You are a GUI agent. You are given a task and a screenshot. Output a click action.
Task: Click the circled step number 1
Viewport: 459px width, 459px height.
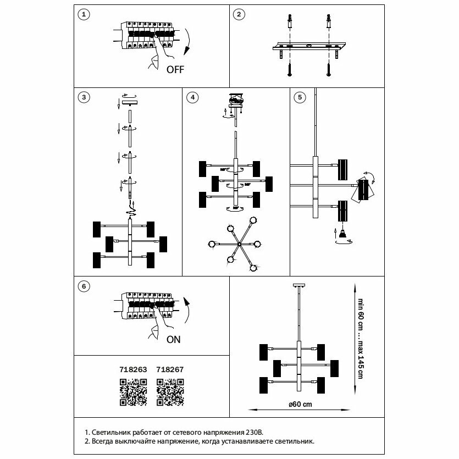pos(83,15)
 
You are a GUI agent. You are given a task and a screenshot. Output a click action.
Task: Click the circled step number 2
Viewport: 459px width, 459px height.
pos(238,15)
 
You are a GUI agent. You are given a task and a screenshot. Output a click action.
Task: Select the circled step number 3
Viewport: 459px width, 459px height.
pos(83,98)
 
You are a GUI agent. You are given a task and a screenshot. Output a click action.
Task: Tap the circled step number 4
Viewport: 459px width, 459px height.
pos(192,98)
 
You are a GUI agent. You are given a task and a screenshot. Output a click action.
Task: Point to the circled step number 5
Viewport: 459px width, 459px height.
pos(300,98)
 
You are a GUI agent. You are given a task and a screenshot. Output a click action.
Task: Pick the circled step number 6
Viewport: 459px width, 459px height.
pos(83,286)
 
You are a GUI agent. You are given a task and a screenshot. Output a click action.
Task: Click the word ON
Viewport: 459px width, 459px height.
pos(173,339)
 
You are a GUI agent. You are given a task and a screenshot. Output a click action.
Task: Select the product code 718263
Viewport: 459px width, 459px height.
pos(133,370)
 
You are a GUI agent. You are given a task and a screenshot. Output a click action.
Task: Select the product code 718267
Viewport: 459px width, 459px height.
pos(170,370)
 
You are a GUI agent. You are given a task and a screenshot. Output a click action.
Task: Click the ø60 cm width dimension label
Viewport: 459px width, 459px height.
pos(300,404)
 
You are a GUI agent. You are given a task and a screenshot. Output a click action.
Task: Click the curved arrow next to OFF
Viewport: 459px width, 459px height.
pos(189,41)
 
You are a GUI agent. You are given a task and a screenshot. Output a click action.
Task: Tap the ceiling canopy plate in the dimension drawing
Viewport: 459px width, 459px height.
pos(298,285)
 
